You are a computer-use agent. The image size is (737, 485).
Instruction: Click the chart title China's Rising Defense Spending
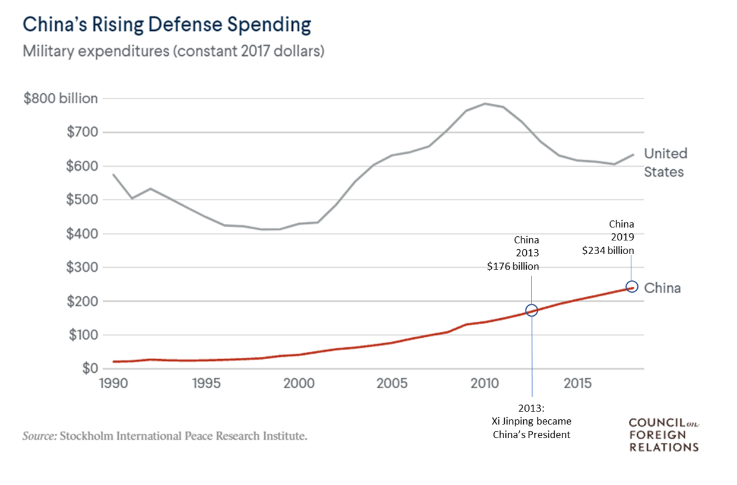click(x=166, y=25)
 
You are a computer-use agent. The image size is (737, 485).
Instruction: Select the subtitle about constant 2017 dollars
click(x=173, y=51)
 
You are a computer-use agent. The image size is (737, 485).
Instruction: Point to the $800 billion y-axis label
click(x=61, y=99)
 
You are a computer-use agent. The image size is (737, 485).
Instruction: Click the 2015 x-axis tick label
click(x=578, y=383)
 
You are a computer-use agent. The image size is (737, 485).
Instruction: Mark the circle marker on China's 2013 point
click(x=532, y=310)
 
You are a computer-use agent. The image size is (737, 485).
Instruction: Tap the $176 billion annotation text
click(x=513, y=267)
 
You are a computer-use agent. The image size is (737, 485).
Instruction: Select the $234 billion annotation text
click(x=608, y=251)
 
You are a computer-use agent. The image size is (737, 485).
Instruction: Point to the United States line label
click(x=665, y=163)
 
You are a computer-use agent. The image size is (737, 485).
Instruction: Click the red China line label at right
click(x=662, y=289)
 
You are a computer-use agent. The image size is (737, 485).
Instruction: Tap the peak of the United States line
click(x=485, y=104)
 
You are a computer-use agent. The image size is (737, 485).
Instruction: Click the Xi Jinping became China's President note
click(x=532, y=421)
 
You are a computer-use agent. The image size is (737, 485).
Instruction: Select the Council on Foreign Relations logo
click(x=663, y=435)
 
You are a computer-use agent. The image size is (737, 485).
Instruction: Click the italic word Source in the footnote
click(x=39, y=436)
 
